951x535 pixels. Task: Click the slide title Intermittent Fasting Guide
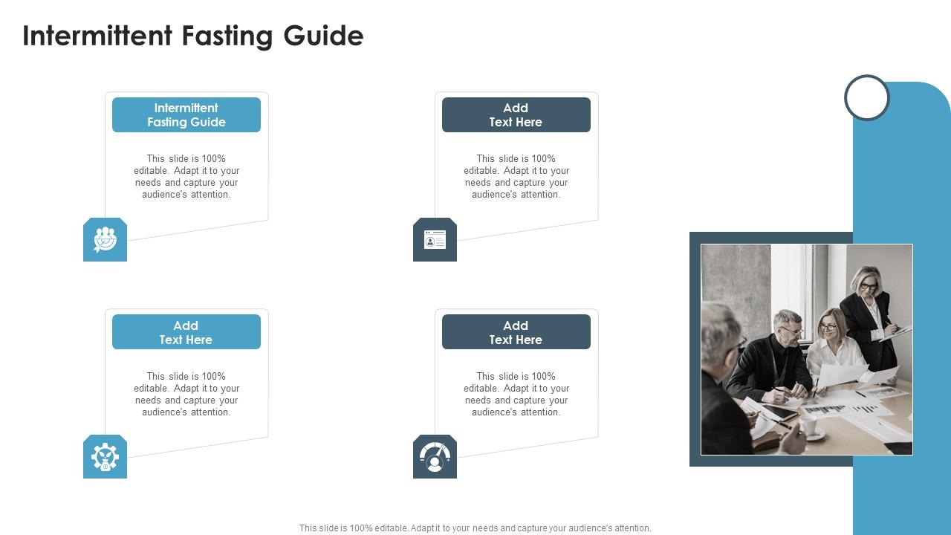pos(193,36)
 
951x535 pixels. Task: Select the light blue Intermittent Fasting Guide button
pos(186,115)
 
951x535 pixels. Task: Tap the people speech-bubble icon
pos(105,239)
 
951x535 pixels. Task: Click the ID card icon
pos(435,239)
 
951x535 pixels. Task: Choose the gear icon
pos(105,456)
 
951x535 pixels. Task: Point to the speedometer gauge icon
pos(435,456)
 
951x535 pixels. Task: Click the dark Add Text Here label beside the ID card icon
pos(516,115)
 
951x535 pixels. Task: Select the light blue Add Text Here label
pos(186,332)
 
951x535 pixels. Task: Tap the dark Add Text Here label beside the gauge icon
pos(516,332)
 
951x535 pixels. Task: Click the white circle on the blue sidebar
pos(867,97)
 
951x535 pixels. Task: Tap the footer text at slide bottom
pos(475,528)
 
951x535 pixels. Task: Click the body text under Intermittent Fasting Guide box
pos(186,176)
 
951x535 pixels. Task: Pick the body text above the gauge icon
pos(516,394)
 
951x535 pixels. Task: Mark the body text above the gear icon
pos(186,394)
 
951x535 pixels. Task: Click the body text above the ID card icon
pos(516,176)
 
